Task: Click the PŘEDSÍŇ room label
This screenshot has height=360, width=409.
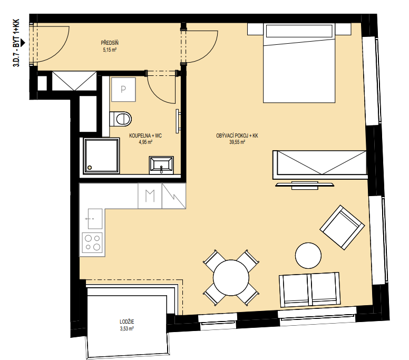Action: (110, 43)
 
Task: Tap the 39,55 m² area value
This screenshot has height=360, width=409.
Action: (237, 142)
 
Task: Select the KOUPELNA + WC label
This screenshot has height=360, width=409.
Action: (145, 135)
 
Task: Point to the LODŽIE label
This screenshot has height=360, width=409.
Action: (127, 322)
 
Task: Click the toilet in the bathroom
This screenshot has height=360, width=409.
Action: (120, 119)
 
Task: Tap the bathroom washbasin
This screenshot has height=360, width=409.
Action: (161, 165)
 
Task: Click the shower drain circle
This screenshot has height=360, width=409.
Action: (90, 168)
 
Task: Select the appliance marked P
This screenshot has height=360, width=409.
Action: (123, 90)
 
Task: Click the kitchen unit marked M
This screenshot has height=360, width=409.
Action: (150, 196)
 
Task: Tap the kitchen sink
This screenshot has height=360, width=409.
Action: (95, 219)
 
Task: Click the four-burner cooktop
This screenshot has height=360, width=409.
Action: (92, 242)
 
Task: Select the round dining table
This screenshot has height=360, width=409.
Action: (231, 278)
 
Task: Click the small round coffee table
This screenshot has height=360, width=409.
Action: (308, 256)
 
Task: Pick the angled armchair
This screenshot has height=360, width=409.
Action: (342, 227)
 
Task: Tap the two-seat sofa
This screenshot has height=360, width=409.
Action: (310, 290)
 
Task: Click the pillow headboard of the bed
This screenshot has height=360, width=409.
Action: (299, 31)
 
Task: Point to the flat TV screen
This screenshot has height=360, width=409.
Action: (305, 185)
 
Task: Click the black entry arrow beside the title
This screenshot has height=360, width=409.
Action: (23, 42)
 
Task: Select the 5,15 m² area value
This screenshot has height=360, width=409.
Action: (110, 50)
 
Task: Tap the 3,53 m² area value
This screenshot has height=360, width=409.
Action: (127, 328)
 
